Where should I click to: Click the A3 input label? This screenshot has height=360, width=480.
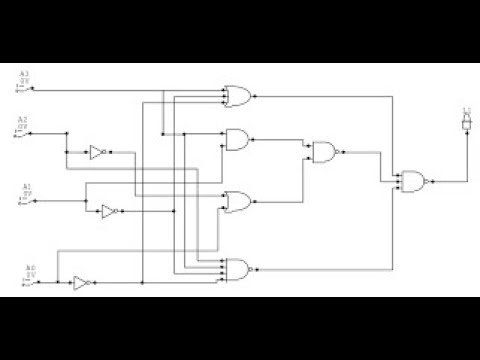(25, 74)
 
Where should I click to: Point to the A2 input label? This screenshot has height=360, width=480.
(22, 119)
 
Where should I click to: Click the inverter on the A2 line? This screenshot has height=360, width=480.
(97, 152)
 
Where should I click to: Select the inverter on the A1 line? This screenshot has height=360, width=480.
(108, 211)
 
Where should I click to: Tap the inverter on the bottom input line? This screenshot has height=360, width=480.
(81, 283)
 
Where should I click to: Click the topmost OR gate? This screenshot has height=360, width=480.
(239, 96)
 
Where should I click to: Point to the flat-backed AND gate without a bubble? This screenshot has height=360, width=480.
(239, 139)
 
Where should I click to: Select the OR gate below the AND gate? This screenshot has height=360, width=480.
(239, 203)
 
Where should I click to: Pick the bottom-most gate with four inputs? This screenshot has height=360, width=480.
(238, 268)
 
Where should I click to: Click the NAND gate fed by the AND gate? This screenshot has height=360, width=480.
(325, 152)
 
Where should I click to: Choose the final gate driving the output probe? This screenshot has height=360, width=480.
(412, 181)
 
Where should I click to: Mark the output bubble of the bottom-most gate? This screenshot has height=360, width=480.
(253, 268)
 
